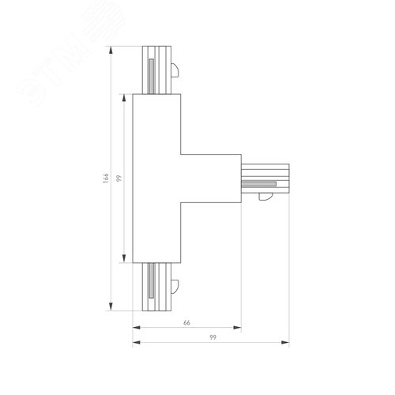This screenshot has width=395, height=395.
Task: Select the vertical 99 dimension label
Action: [118, 179]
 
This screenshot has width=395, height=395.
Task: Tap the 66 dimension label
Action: [187, 323]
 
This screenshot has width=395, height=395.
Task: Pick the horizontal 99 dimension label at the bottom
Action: [213, 337]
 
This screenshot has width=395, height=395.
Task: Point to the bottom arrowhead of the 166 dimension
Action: [111, 310]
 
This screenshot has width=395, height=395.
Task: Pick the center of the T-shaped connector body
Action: [158, 179]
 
